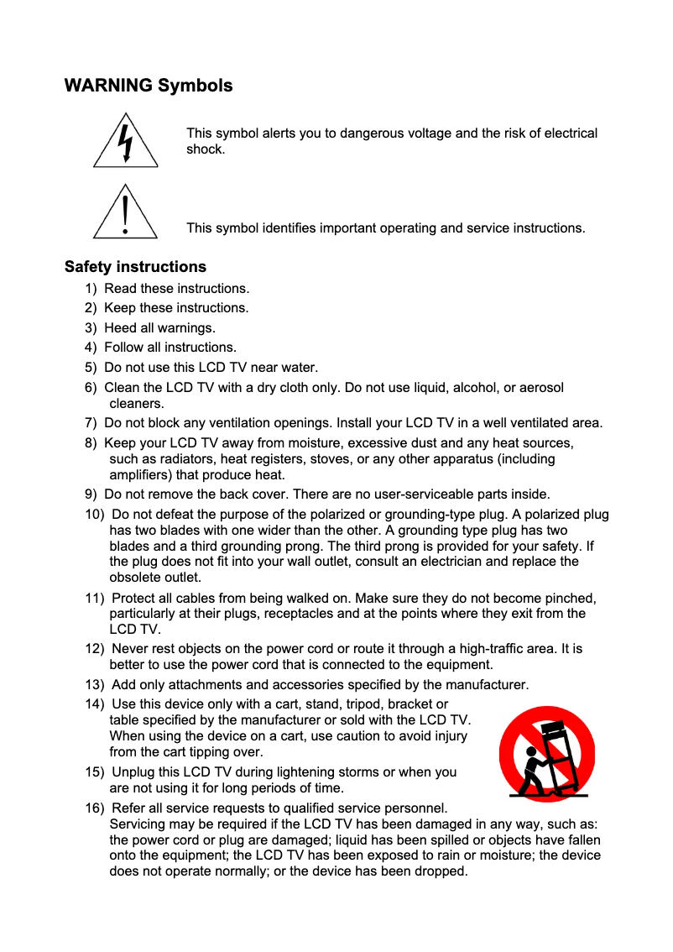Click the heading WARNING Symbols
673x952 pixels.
149,86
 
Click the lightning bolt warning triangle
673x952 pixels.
126,141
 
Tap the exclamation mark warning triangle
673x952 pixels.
125,213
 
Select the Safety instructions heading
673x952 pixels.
135,267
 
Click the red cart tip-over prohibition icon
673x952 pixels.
546,753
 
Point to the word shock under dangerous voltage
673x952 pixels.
205,149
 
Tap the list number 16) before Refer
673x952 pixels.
95,808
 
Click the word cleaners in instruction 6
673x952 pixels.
137,404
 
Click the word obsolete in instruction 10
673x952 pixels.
136,578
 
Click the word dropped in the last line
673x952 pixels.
439,871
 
